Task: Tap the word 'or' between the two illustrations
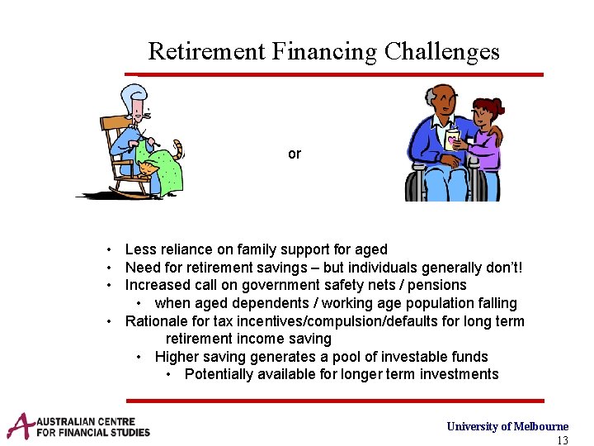295,154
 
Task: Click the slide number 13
562,440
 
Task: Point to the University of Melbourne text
507,426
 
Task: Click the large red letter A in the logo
21,425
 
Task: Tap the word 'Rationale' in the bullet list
156,321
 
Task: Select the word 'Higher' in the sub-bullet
177,357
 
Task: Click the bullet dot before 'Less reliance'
109,249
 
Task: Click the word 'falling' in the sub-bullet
494,303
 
